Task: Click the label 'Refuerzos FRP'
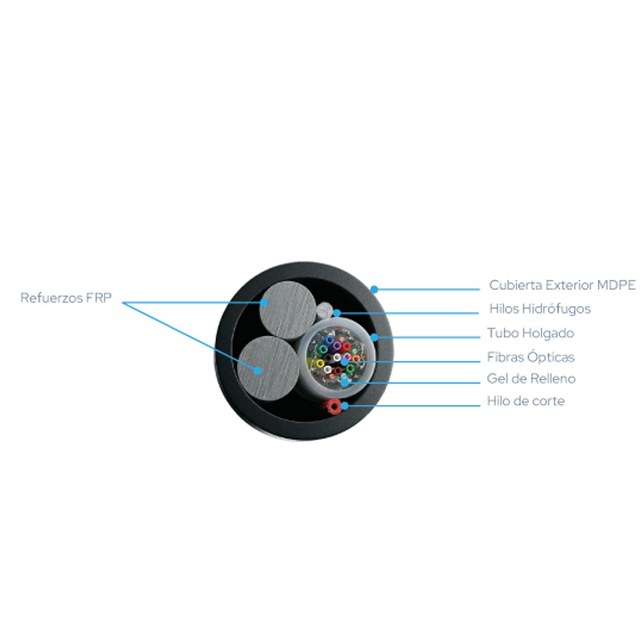click(66, 298)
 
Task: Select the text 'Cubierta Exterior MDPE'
click(562, 285)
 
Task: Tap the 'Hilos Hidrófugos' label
click(540, 309)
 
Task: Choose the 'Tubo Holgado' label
click(530, 333)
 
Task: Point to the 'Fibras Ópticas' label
click(530, 357)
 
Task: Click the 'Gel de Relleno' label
click(531, 378)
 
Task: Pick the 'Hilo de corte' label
click(526, 401)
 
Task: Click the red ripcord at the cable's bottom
click(333, 406)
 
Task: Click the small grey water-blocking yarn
click(325, 309)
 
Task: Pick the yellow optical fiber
click(320, 363)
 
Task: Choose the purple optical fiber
click(337, 346)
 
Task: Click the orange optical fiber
click(356, 359)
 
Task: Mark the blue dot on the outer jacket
click(374, 289)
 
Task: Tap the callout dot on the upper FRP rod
click(263, 303)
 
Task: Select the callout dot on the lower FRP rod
click(258, 371)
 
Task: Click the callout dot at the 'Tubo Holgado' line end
click(374, 337)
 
